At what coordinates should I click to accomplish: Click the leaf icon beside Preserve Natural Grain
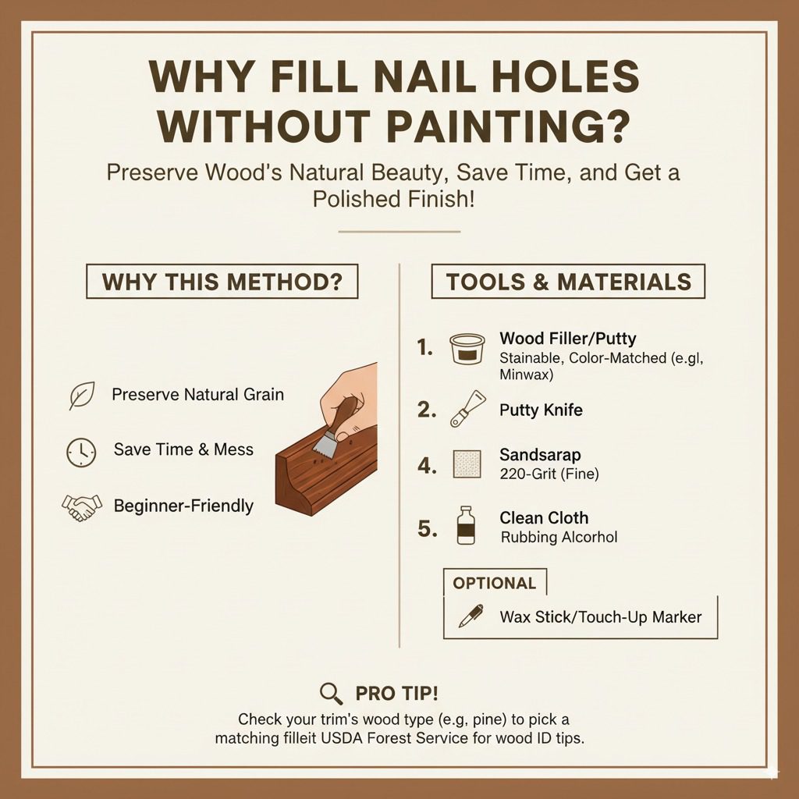81,396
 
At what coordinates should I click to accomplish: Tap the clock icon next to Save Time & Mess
81,452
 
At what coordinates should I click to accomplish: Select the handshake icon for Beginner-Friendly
81,507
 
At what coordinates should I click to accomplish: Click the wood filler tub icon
467,349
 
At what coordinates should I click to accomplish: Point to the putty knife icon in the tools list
467,409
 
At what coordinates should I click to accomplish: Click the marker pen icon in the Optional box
471,616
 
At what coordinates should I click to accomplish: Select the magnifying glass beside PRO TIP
332,693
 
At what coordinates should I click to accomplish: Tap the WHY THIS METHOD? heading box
222,281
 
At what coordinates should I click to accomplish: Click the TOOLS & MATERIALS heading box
568,281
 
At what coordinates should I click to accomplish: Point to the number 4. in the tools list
426,466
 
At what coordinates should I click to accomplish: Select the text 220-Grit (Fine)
549,473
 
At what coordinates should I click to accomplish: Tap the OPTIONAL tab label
495,584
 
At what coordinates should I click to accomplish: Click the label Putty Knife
541,410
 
